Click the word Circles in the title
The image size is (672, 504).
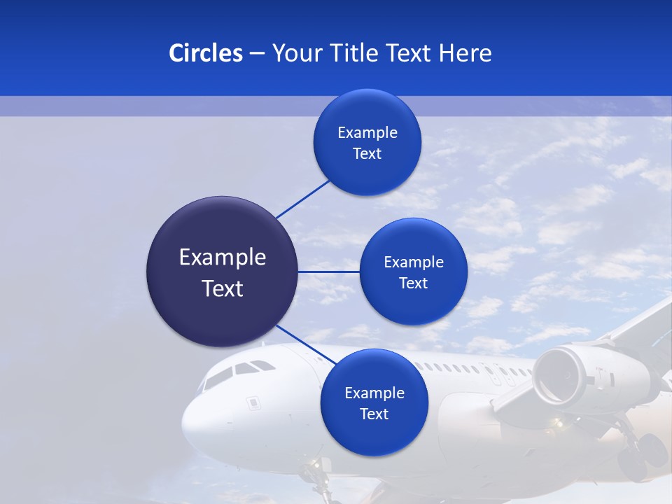point(205,52)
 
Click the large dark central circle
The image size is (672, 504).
point(223,272)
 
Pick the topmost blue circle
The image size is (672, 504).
point(367,142)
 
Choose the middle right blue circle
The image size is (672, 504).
point(414,272)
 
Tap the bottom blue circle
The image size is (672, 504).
point(374,402)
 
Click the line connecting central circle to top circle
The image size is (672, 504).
point(303,199)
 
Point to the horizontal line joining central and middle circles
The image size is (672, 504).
point(328,272)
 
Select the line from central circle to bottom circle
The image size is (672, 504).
point(306,344)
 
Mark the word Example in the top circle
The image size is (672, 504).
point(367,132)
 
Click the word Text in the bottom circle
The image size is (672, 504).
point(374,414)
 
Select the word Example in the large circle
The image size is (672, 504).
point(223,257)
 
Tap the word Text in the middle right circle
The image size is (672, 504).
point(414,283)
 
